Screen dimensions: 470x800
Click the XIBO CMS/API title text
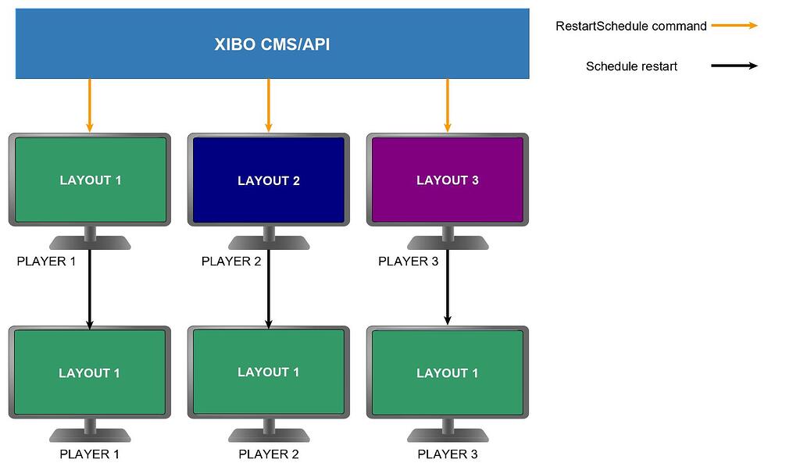point(272,45)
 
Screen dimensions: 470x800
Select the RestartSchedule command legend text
point(630,26)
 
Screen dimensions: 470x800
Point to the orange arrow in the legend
point(734,26)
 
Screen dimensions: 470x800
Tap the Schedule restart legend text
point(631,66)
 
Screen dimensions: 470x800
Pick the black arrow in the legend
point(734,66)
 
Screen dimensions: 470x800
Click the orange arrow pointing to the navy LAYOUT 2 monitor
point(269,105)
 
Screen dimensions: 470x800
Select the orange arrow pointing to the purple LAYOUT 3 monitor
point(448,105)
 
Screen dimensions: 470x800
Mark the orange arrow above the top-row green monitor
point(90,105)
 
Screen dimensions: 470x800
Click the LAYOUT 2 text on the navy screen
point(269,180)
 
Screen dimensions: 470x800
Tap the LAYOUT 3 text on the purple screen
point(448,180)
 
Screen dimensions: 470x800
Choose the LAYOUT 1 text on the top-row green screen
point(91,180)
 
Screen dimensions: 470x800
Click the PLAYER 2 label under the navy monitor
point(231,261)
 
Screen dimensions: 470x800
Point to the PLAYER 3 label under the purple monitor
point(408,261)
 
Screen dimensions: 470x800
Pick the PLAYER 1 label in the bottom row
point(90,454)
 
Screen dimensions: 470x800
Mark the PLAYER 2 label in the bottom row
point(269,454)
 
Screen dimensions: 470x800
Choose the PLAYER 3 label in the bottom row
point(448,454)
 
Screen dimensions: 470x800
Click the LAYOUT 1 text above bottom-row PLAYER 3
point(448,373)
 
